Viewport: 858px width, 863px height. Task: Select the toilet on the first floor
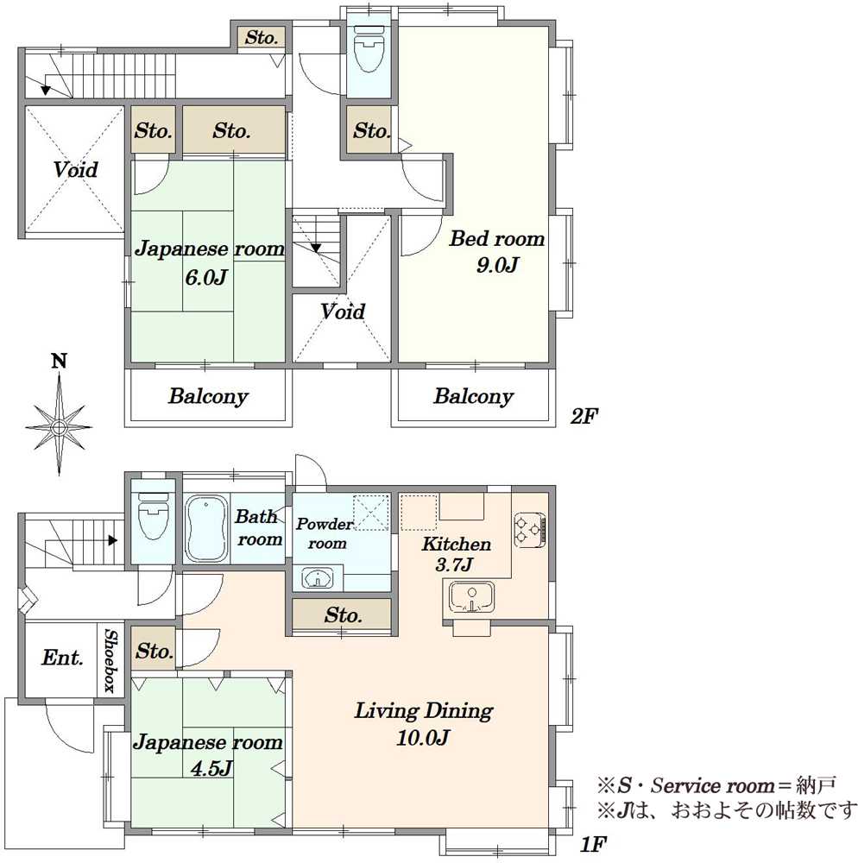153,516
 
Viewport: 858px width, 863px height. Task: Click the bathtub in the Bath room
207,529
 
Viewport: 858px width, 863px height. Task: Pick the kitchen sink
471,597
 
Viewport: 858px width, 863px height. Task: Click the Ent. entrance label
62,657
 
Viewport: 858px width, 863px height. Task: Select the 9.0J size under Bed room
497,266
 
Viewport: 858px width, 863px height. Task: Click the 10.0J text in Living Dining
423,738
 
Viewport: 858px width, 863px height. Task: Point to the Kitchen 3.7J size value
454,564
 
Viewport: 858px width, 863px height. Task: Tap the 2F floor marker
584,416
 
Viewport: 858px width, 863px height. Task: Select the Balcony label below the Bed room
473,396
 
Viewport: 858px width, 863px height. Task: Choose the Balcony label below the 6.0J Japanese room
208,396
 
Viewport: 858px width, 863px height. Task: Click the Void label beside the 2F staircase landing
343,312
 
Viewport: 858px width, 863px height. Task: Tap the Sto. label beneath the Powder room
343,614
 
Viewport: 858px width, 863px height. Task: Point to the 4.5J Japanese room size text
211,768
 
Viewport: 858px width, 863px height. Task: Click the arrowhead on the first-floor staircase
113,540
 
